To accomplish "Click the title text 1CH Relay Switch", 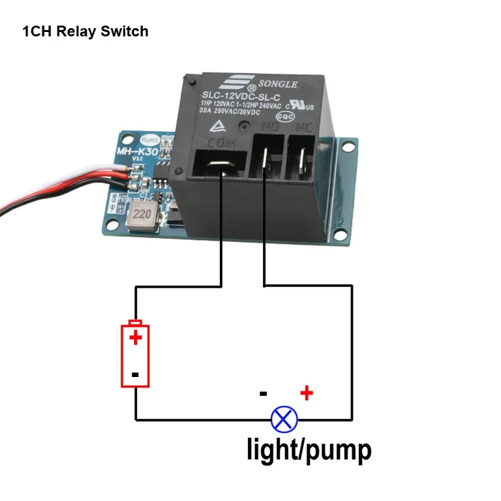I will [85, 31].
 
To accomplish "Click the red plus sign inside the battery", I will [135, 337].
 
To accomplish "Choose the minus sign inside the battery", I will [135, 374].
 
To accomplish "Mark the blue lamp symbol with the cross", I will [284, 418].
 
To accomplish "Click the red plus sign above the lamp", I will [306, 393].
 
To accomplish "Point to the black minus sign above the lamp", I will [263, 393].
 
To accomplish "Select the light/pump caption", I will [309, 449].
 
